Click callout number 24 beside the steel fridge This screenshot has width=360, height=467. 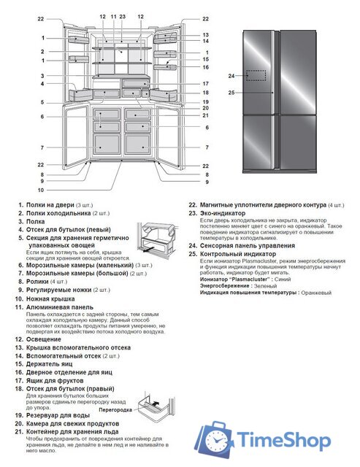tap(231, 76)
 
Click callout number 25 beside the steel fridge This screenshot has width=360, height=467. tap(231, 93)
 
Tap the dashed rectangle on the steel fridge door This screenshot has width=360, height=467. tap(256, 75)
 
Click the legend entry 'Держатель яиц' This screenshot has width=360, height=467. tap(55, 363)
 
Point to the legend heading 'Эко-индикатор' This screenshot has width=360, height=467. tap(222, 213)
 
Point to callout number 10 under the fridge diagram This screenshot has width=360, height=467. tap(42, 190)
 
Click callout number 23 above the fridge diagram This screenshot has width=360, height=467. tap(122, 15)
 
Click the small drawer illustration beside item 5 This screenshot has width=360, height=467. tap(156, 238)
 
